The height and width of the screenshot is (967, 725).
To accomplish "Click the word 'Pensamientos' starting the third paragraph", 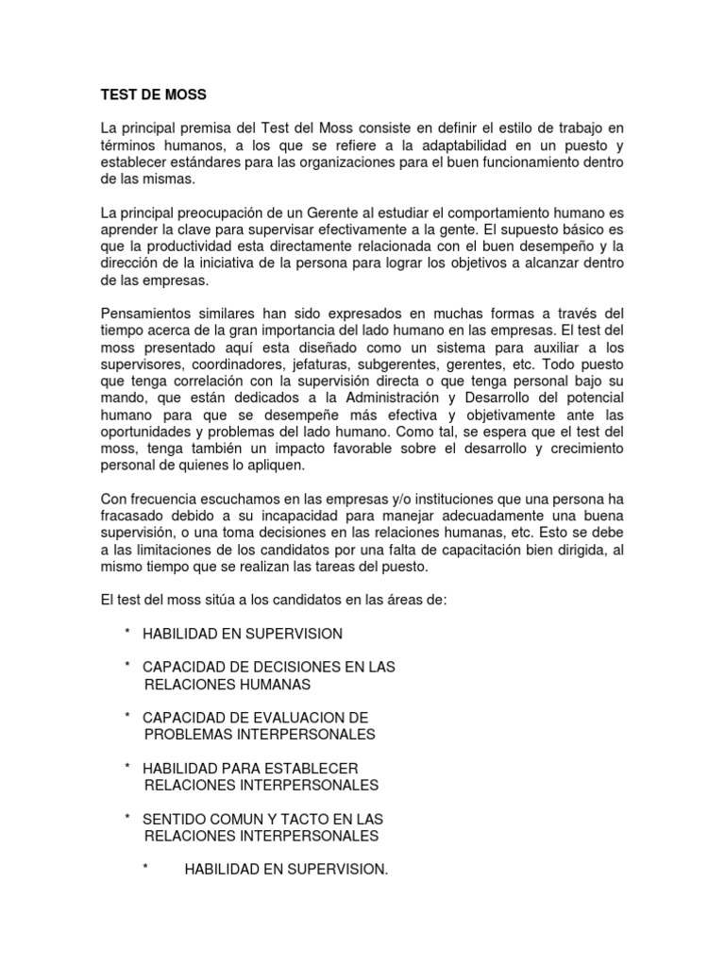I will pyautogui.click(x=148, y=314).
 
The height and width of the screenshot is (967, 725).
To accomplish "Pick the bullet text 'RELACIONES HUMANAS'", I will pyautogui.click(x=227, y=684).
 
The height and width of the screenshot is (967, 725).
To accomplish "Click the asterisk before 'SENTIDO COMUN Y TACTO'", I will pyautogui.click(x=126, y=819).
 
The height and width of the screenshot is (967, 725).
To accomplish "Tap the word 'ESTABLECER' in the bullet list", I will pyautogui.click(x=311, y=769).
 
